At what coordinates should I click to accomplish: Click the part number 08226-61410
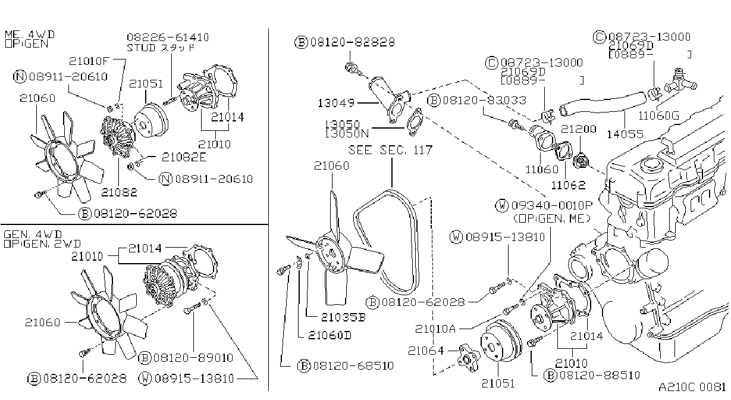pyautogui.click(x=168, y=37)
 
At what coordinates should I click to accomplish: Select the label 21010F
pyautogui.click(x=89, y=61)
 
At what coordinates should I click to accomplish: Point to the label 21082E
pyautogui.click(x=184, y=157)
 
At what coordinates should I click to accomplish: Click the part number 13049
pyautogui.click(x=336, y=104)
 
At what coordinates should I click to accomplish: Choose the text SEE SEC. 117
pyautogui.click(x=390, y=150)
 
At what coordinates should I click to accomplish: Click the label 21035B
pyautogui.click(x=343, y=317)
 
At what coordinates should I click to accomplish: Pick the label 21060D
pyautogui.click(x=330, y=335)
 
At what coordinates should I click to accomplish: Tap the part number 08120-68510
pyautogui.click(x=353, y=365)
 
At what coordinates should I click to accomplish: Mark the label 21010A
pyautogui.click(x=435, y=329)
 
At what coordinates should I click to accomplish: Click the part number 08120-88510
pyautogui.click(x=600, y=376)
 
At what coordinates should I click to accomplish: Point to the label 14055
pyautogui.click(x=625, y=134)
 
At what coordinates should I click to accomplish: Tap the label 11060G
pyautogui.click(x=659, y=115)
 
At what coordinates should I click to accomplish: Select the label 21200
pyautogui.click(x=578, y=129)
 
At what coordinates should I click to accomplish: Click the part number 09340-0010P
pyautogui.click(x=551, y=205)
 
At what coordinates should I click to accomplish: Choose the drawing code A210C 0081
pyautogui.click(x=692, y=387)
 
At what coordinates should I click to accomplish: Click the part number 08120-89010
pyautogui.click(x=193, y=358)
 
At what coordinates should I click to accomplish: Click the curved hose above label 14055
pyautogui.click(x=603, y=103)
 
